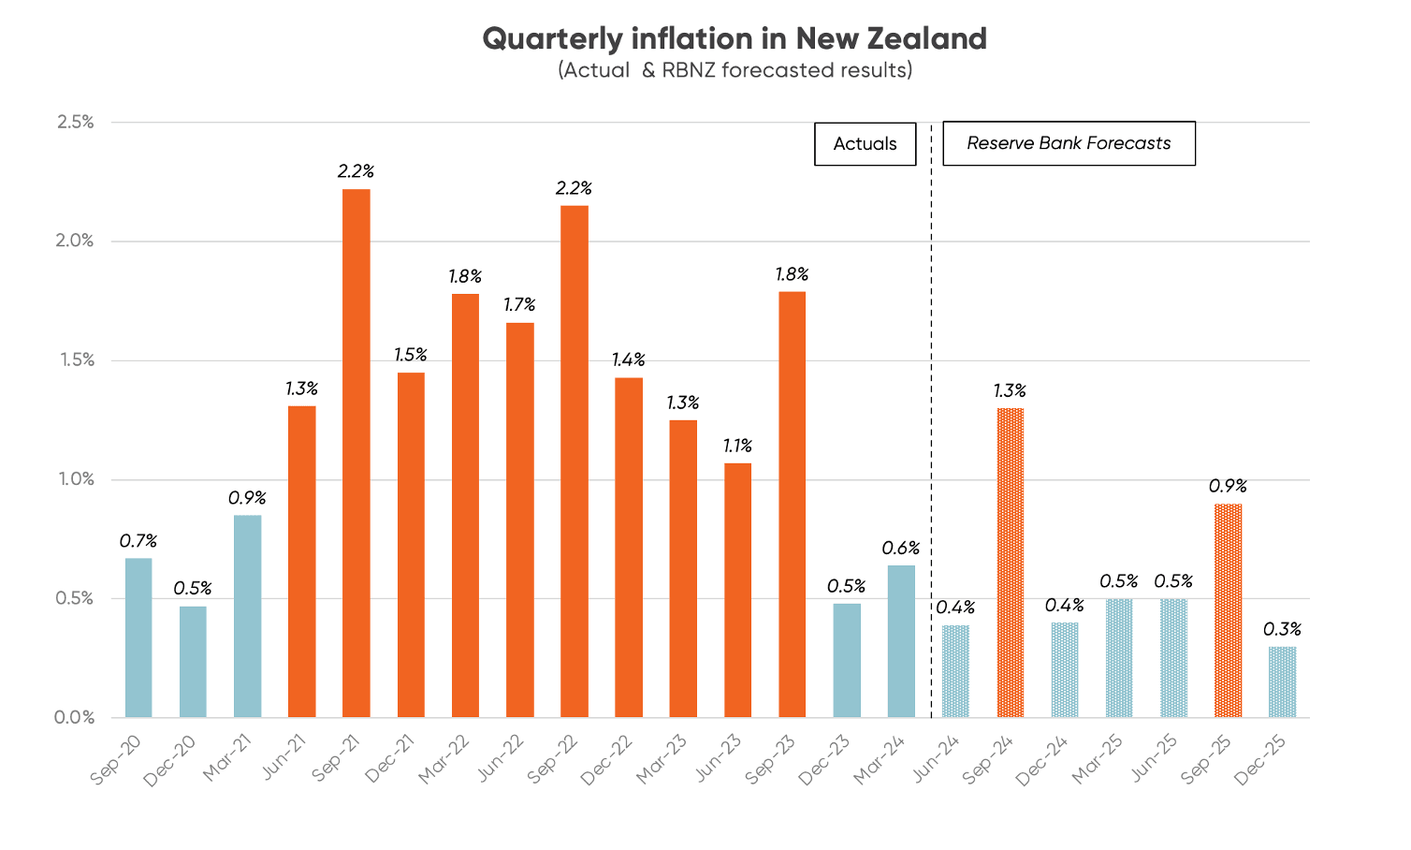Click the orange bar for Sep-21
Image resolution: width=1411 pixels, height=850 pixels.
tap(356, 454)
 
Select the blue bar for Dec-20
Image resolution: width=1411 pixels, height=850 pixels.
tap(193, 662)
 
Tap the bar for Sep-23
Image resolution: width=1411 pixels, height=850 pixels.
tap(792, 506)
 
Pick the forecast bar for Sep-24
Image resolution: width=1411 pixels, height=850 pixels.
tap(1011, 563)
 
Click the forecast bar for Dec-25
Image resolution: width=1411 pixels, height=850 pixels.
tap(1283, 682)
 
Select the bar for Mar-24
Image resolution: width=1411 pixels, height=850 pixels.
tap(901, 641)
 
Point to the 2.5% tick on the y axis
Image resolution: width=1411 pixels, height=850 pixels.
tap(76, 123)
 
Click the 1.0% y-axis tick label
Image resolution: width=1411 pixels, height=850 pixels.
tap(76, 479)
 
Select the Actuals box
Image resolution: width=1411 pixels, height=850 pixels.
tap(865, 143)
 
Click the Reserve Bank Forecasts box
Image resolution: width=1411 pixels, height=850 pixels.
tap(1069, 143)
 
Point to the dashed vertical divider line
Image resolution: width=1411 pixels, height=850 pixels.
tap(931, 421)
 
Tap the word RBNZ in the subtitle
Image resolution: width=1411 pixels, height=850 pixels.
tap(689, 70)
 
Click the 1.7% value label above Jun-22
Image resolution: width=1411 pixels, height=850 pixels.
tap(519, 305)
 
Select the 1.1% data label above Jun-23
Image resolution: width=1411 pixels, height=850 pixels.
tap(737, 447)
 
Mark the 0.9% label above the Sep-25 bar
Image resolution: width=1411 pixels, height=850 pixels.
tap(1228, 487)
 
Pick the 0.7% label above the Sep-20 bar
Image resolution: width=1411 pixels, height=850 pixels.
tap(138, 541)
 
